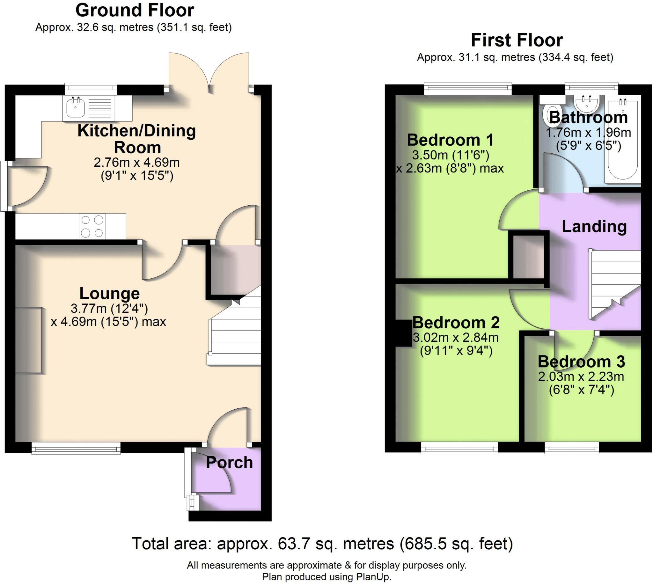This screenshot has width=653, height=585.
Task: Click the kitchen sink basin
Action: pyautogui.click(x=76, y=108)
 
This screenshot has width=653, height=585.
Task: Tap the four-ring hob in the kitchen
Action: pyautogui.click(x=92, y=226)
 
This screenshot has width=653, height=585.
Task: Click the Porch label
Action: pyautogui.click(x=229, y=463)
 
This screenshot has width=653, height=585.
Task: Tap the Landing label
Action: pyautogui.click(x=594, y=227)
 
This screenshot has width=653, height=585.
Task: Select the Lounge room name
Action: pyautogui.click(x=109, y=294)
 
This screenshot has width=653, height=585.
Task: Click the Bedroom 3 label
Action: pyautogui.click(x=581, y=362)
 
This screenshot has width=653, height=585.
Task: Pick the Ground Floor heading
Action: pyautogui.click(x=135, y=10)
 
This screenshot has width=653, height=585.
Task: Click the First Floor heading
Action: pyautogui.click(x=517, y=40)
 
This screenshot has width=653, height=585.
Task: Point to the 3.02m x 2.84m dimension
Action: pyautogui.click(x=456, y=338)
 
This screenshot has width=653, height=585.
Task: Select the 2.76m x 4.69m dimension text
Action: pyautogui.click(x=137, y=163)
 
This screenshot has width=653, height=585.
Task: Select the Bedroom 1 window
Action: pyautogui.click(x=467, y=89)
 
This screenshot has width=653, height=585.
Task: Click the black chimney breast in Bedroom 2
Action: pyautogui.click(x=404, y=333)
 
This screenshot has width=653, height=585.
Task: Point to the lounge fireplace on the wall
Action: pyautogui.click(x=28, y=340)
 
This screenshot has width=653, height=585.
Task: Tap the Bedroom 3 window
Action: pyautogui.click(x=572, y=448)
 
